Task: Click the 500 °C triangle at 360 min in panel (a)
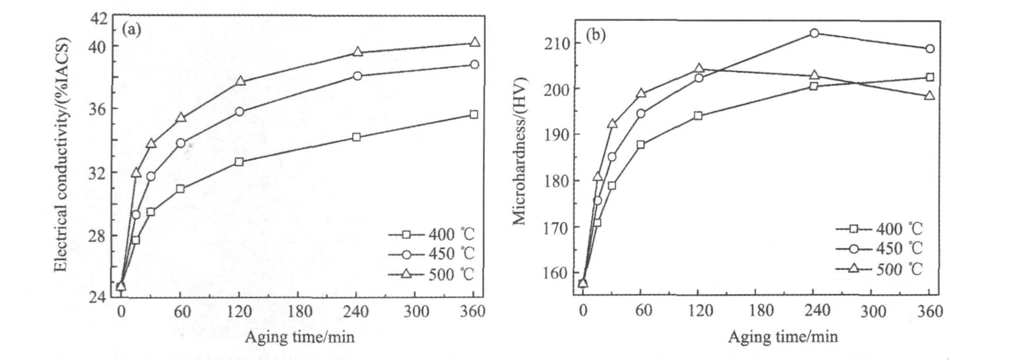474,43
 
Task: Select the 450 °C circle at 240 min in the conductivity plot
358,76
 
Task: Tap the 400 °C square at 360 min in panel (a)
474,114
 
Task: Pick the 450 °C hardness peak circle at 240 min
814,33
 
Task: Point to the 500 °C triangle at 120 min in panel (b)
699,68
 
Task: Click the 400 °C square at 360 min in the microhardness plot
930,77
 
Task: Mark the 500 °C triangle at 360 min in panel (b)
930,96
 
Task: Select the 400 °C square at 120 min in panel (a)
239,161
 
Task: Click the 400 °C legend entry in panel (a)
431,234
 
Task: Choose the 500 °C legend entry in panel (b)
879,269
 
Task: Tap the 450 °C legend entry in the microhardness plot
879,249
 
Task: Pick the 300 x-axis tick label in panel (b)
872,311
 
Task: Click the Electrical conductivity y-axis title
62,155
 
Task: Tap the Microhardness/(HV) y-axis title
519,150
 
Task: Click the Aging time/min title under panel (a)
299,336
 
